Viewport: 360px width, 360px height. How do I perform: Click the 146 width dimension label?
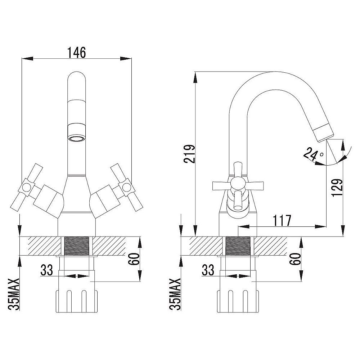[76, 53]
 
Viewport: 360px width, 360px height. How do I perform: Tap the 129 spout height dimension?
[337, 188]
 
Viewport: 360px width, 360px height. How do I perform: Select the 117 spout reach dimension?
[282, 220]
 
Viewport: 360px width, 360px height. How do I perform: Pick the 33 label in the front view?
[46, 270]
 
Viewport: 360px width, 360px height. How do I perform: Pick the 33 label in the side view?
[208, 270]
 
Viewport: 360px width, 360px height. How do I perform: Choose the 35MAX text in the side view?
[175, 294]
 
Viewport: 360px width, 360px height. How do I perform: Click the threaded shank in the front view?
[77, 246]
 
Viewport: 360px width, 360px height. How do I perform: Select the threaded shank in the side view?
[238, 246]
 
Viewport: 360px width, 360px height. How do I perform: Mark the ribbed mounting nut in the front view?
[77, 301]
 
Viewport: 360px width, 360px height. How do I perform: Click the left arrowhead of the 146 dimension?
[27, 59]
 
